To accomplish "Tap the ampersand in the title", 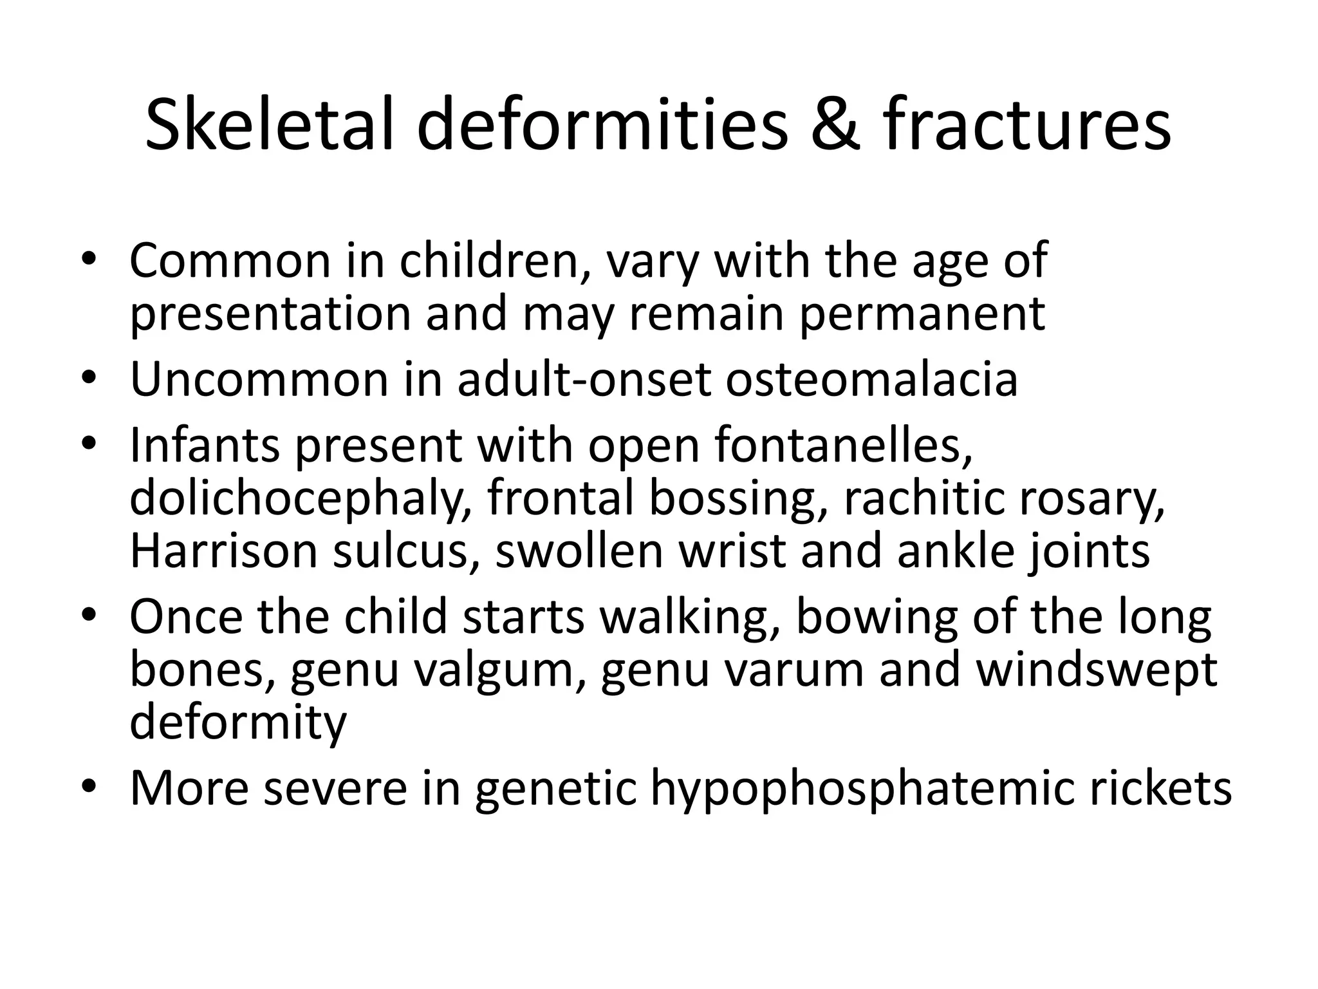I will click(x=835, y=124).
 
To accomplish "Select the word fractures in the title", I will click(x=1026, y=124).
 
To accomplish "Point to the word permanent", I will click(x=922, y=314).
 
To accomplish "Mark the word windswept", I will click(x=1095, y=670).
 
